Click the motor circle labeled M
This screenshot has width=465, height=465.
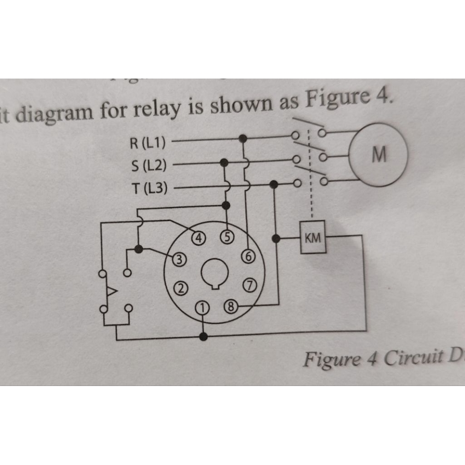[378, 154]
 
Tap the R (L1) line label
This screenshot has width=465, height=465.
[148, 143]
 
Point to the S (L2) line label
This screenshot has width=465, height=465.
[148, 165]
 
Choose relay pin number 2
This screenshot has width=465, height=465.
[181, 287]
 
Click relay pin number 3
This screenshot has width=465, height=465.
[180, 259]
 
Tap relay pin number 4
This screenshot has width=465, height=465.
[199, 237]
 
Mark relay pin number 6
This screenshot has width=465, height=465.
[248, 257]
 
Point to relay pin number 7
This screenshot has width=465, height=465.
[250, 285]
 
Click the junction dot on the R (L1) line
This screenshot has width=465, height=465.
[243, 138]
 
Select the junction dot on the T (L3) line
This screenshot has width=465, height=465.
[273, 184]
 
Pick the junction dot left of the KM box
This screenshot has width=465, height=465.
[276, 238]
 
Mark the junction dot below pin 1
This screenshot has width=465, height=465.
[204, 336]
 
